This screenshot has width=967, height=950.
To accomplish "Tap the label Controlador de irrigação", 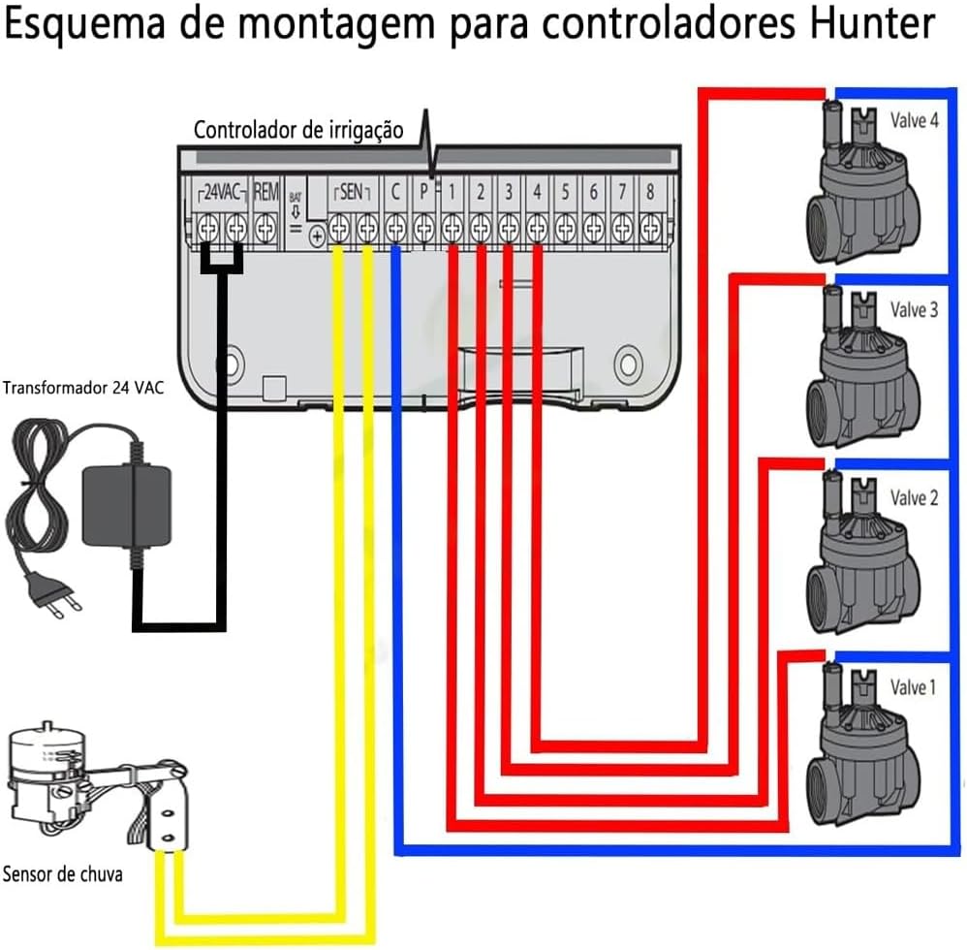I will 298,130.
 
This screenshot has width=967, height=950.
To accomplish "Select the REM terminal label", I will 265,192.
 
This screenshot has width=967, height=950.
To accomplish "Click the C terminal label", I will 394,192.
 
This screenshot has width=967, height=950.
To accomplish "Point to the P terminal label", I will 423,192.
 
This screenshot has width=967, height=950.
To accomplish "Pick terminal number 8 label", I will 649,192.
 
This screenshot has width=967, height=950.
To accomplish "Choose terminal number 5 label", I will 565,192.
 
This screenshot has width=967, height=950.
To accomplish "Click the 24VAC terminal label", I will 222,192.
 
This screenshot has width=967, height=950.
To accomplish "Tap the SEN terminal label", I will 352,192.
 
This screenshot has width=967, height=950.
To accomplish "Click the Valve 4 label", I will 914,121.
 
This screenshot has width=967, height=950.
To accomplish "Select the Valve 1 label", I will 914,687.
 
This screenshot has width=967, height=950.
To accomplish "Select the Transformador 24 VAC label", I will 84,390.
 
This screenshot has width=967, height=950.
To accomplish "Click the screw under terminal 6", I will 593,230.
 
